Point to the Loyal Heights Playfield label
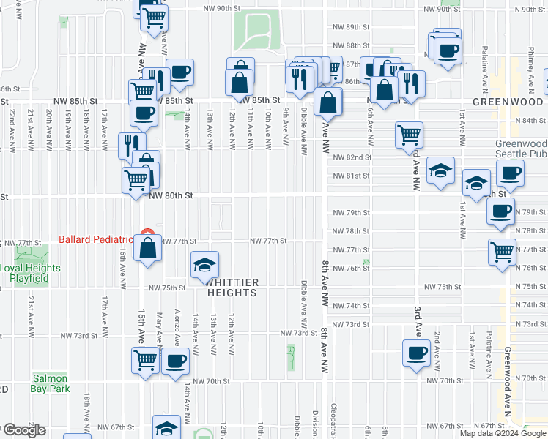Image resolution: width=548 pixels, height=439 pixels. point(30,274)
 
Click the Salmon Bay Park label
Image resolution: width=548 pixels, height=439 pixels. point(51,383)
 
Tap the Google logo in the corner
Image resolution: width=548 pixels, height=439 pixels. point(23,430)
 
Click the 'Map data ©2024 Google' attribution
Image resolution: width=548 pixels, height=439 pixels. point(503,433)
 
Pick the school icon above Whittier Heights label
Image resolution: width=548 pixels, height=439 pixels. point(205,263)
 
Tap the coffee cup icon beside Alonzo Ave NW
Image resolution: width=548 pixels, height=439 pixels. point(174,361)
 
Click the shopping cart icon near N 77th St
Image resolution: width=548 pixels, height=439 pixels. point(503,251)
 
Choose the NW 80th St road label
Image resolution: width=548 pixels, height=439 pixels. point(170,196)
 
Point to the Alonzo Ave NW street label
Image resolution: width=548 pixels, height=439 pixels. point(177,325)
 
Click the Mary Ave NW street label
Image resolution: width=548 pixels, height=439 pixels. point(159,326)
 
